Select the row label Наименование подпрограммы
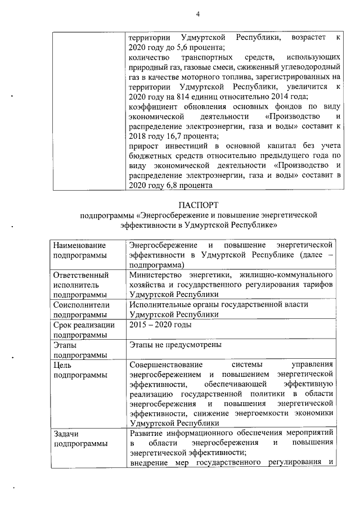pos(79,250)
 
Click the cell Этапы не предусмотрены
pos(175,344)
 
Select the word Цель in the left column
pos(62,364)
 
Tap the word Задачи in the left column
pos(66,433)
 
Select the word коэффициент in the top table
pos(154,107)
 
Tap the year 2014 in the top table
pos(272,97)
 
